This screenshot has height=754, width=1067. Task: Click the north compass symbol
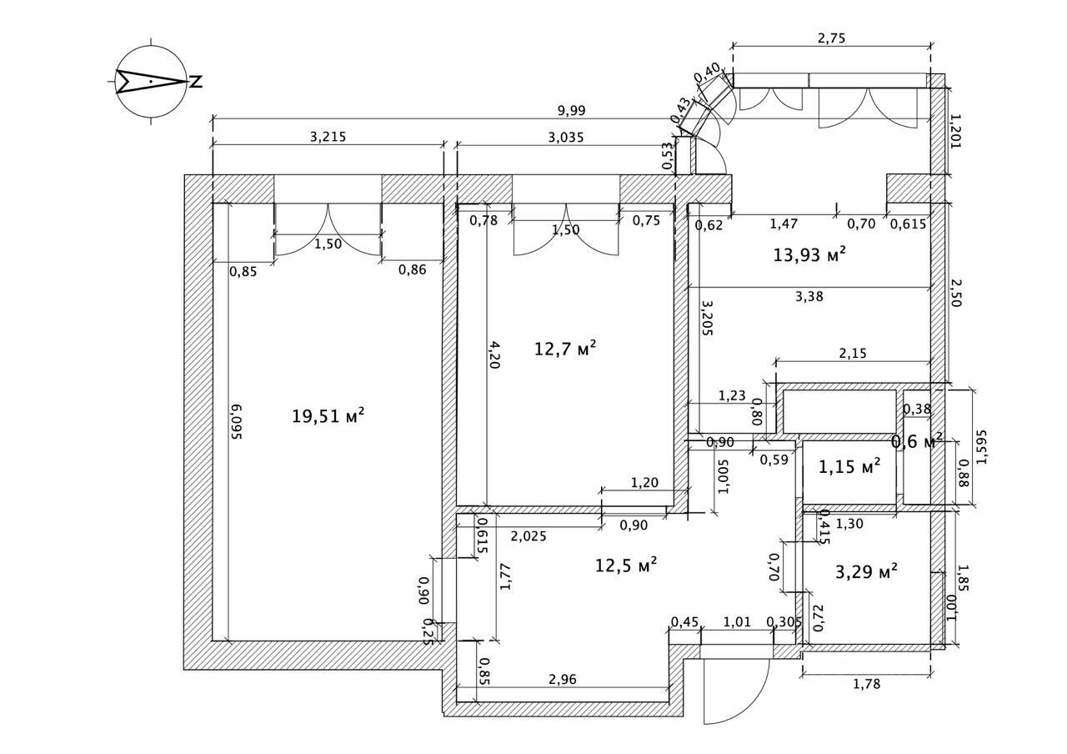[152, 81]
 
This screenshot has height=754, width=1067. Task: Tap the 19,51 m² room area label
[328, 415]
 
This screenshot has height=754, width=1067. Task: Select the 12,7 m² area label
[565, 348]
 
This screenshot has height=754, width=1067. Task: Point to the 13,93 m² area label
[809, 255]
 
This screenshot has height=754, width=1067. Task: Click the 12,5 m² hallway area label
[625, 565]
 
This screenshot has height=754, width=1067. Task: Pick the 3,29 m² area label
[866, 572]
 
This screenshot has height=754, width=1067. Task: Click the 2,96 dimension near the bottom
[564, 680]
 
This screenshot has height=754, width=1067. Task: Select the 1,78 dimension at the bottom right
[867, 684]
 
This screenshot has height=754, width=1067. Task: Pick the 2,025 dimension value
[528, 536]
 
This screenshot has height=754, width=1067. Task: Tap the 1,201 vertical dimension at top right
[956, 131]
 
